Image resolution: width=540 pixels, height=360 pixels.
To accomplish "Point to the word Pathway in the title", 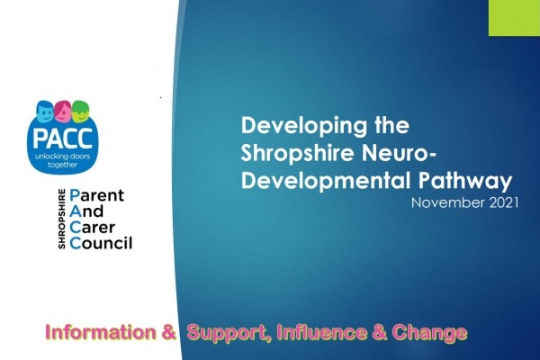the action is pos(465,182).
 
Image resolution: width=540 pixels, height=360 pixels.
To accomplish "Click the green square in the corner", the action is pos(514,18).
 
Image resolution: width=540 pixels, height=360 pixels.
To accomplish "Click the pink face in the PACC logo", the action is pos(63,110).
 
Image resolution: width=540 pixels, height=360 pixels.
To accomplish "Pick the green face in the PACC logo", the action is pos(81,111).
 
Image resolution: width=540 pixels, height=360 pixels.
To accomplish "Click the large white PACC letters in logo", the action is pos(63,138).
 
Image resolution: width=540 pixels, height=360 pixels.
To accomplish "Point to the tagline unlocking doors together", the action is pos(63,160).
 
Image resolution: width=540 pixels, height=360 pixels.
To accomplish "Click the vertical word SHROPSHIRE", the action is pos(61,219).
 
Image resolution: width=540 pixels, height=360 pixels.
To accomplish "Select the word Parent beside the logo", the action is pos(96,195).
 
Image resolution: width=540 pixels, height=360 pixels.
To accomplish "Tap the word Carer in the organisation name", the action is pos(93,228).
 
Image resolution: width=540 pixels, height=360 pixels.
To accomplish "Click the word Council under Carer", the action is pos(101,243).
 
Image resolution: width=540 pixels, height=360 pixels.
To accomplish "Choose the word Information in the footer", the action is pos(101,332).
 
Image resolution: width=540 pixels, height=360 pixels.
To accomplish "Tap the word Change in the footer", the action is pos(429,333).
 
